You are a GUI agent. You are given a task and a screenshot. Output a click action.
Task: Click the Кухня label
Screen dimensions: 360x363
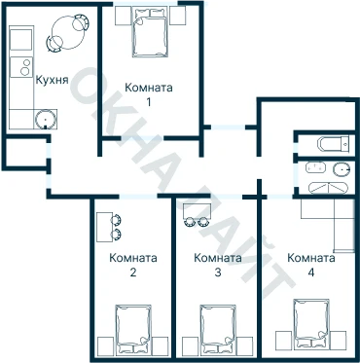(52, 80)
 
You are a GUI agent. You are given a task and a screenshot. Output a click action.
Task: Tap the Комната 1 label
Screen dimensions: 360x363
(149, 94)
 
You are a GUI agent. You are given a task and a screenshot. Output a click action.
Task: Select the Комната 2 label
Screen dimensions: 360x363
(133, 265)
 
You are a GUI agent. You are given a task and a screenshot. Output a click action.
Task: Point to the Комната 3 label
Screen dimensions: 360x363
(218, 265)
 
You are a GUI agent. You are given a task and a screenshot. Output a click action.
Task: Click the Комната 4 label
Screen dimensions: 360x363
(311, 265)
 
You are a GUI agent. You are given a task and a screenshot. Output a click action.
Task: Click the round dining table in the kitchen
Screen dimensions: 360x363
(68, 33)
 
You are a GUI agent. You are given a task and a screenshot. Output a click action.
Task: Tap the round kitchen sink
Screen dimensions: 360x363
(46, 119)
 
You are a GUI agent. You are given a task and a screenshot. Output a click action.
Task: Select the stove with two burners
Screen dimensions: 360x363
(21, 67)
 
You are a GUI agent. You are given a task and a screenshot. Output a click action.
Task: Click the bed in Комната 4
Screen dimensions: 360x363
(311, 323)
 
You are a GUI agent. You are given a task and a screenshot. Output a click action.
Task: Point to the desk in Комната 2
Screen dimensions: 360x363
(104, 227)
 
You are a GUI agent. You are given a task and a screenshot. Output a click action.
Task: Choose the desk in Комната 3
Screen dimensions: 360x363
(198, 210)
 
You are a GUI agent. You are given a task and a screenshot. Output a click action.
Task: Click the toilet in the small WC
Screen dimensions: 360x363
(334, 144)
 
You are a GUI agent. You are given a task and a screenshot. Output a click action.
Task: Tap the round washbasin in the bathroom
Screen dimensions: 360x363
(342, 168)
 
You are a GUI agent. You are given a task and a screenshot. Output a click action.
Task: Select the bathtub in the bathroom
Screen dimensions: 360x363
(328, 188)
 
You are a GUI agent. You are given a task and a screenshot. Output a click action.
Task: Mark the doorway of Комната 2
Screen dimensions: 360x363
(138, 197)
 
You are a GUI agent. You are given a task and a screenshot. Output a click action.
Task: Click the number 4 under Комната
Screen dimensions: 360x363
(311, 272)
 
